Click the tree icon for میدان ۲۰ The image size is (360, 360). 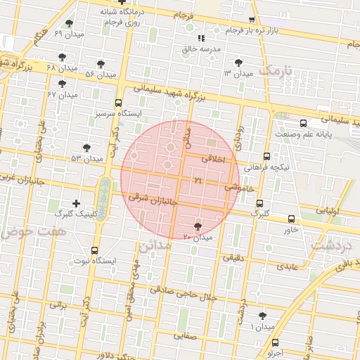point(197,226)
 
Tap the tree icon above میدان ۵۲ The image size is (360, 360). point(86,148)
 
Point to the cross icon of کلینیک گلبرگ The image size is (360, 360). point(76,202)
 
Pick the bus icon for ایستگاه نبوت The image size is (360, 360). point(95,250)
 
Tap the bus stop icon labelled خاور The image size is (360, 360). point(291,217)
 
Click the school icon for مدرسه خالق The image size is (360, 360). point(201,38)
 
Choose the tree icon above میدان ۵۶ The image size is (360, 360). point(106,63)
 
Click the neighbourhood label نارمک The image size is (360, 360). point(274,71)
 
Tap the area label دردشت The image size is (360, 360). point(328,246)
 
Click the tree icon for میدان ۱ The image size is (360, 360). point(263,316)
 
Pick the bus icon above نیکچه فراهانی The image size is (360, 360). point(266,157)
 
